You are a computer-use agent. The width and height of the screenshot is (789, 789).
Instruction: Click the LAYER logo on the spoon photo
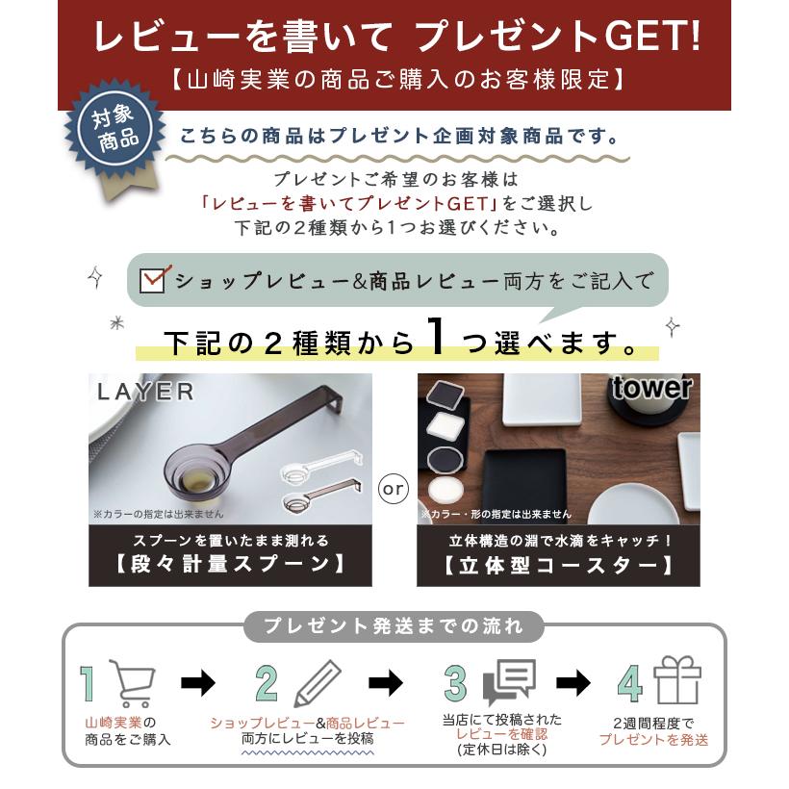(x=145, y=392)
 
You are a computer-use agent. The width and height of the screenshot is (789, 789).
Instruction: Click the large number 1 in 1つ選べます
(x=435, y=339)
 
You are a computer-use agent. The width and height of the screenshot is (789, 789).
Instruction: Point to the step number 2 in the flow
(x=267, y=683)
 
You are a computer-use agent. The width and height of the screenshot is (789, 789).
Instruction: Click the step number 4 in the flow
(x=630, y=683)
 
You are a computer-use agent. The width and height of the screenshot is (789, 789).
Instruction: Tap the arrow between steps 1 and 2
(x=199, y=683)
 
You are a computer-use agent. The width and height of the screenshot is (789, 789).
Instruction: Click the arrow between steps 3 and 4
(x=573, y=683)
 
